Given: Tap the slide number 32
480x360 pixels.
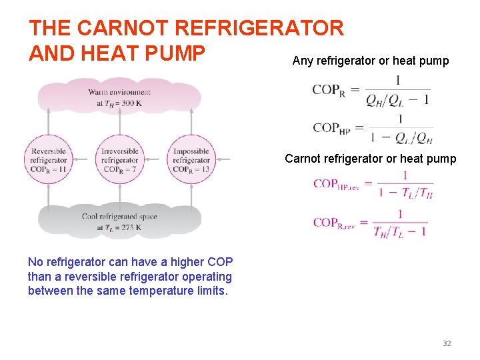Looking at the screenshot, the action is [x=447, y=343].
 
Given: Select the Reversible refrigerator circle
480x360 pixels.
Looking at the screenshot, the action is [x=49, y=160].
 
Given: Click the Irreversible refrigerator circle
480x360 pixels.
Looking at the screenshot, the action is [x=120, y=160].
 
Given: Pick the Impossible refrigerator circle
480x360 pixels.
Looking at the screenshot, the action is [x=191, y=160].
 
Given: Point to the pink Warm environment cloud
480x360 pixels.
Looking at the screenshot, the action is [x=119, y=97].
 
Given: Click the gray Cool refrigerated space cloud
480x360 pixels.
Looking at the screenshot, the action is [x=119, y=221].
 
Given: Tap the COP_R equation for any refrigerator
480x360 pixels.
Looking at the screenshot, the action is [x=371, y=91].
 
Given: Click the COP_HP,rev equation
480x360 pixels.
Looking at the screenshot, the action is [x=373, y=185].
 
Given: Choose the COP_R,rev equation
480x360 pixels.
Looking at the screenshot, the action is [x=371, y=223].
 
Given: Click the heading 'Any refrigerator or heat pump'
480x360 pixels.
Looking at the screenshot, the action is [x=371, y=61].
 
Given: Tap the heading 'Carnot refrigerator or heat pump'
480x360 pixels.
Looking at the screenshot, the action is [x=371, y=159].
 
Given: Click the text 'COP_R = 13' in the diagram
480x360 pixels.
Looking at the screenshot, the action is [x=191, y=169].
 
